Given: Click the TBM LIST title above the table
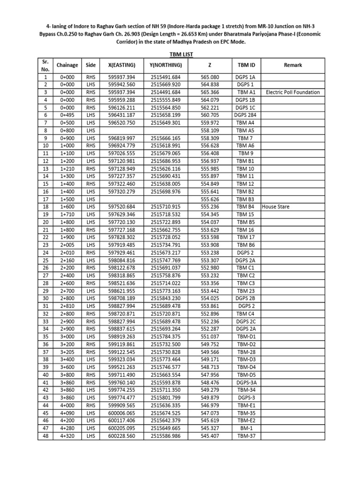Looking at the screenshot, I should coord(180,54).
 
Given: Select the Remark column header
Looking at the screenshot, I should coord(292,65).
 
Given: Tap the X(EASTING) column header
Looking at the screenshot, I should coord(121,65).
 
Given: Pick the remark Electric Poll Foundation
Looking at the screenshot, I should coord(292,92).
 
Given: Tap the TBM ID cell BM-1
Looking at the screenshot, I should coord(245,428).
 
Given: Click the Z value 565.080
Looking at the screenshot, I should coord(210,77).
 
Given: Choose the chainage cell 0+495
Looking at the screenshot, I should coord(67,115).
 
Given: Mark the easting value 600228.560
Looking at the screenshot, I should coord(121,436).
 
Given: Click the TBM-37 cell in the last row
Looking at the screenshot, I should coord(245,436).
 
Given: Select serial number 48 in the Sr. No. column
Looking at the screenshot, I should coord(45,436).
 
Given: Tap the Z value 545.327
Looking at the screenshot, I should coord(210,428).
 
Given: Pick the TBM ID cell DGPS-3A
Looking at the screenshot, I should coord(245,382).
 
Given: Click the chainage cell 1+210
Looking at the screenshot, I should coord(67,169).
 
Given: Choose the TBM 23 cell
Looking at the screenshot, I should coord(245,291).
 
